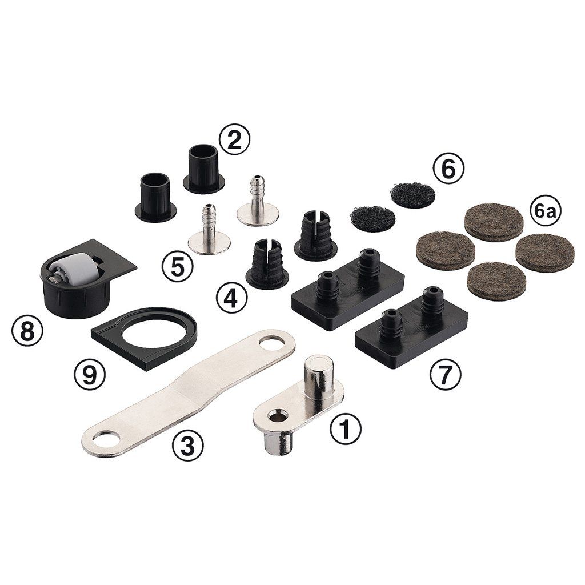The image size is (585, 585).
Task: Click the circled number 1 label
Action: (x=346, y=428)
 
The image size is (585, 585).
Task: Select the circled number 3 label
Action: (x=187, y=445)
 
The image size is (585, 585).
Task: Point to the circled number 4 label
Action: (x=232, y=298)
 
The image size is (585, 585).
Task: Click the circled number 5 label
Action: (x=178, y=266)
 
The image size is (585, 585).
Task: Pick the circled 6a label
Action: (x=545, y=213)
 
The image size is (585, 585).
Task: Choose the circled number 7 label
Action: (x=446, y=374)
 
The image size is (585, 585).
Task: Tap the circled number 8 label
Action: (x=27, y=331)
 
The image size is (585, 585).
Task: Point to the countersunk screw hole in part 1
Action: (x=279, y=415)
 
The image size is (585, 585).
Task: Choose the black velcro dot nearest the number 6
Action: (x=412, y=195)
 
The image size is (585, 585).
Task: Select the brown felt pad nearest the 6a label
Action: (x=494, y=222)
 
